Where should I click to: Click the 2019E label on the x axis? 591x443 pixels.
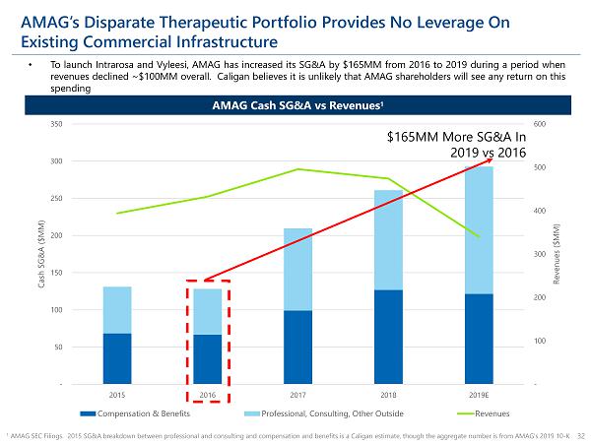(478, 395)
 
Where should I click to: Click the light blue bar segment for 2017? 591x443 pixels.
(297, 269)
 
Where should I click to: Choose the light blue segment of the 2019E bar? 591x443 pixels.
(478, 229)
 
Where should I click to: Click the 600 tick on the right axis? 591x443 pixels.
(538, 124)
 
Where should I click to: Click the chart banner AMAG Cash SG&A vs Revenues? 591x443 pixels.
(295, 105)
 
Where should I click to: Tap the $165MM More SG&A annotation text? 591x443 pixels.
(455, 146)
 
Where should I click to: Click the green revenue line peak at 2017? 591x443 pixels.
(297, 169)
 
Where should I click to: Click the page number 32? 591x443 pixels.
(581, 433)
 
